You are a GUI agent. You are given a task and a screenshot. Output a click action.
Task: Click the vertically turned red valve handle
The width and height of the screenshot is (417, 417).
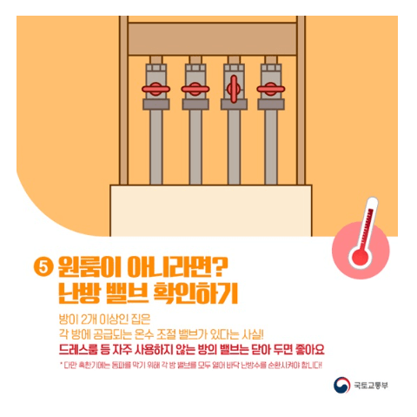(x=232, y=88)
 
